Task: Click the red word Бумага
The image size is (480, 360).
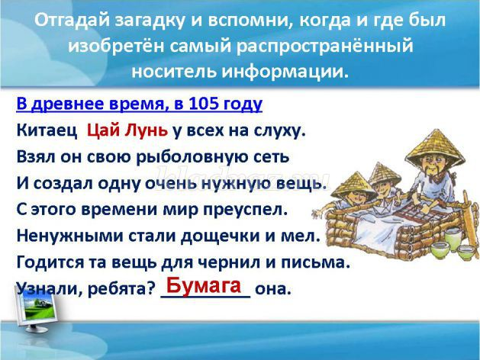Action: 203,285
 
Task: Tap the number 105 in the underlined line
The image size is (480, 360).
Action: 204,104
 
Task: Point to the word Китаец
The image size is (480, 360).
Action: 47,130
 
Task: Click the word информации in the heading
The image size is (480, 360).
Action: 285,71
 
